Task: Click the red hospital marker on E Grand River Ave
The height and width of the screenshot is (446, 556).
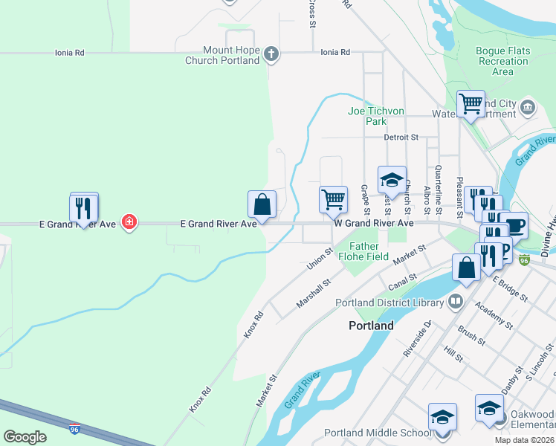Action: coord(129,222)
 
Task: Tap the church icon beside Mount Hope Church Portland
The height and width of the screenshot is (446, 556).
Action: coord(272,54)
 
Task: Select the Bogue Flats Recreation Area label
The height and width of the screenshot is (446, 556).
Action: coord(502,62)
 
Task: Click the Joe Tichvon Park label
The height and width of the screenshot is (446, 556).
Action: coord(376,116)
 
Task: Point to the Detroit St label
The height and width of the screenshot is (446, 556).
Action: coord(401,138)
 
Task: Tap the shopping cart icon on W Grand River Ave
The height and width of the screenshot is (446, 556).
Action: coord(334,199)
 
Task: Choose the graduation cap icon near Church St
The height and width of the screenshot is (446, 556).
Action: coord(392,180)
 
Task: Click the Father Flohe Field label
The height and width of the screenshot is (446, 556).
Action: coord(363,251)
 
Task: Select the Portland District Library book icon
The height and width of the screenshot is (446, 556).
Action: coord(454,302)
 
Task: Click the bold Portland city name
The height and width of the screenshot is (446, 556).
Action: coord(371,326)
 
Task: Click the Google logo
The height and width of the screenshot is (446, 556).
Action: coord(25,436)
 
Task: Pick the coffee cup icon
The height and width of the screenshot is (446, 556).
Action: coord(514,224)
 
